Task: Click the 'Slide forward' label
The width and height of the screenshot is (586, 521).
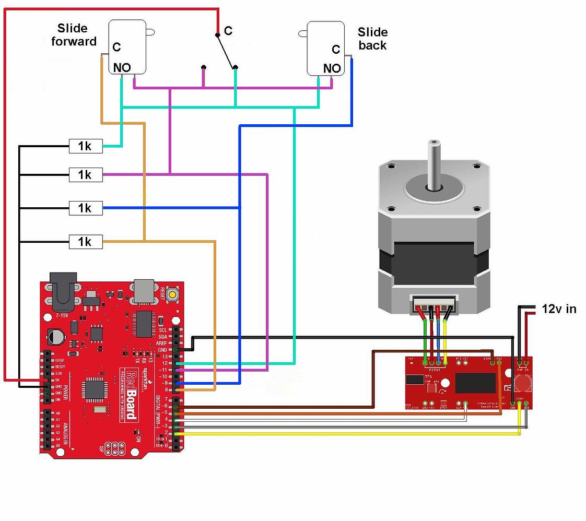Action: pos(74,35)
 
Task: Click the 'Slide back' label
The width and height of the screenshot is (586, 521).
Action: pos(372,39)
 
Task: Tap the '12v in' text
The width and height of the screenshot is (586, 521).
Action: pos(559,309)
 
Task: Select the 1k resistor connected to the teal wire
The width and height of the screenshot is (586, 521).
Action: pos(86,147)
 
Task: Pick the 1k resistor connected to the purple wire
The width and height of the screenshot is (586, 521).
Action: pos(86,175)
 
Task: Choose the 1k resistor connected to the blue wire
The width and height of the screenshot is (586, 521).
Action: pos(86,209)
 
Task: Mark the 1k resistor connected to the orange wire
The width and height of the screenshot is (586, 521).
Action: pos(86,242)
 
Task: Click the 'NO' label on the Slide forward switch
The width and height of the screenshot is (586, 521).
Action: pos(122,67)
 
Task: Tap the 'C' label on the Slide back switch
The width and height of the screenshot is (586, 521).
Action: pos(336,50)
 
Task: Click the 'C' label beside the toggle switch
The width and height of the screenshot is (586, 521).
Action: pos(228,31)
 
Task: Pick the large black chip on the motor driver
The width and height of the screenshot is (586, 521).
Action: pos(475,383)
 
